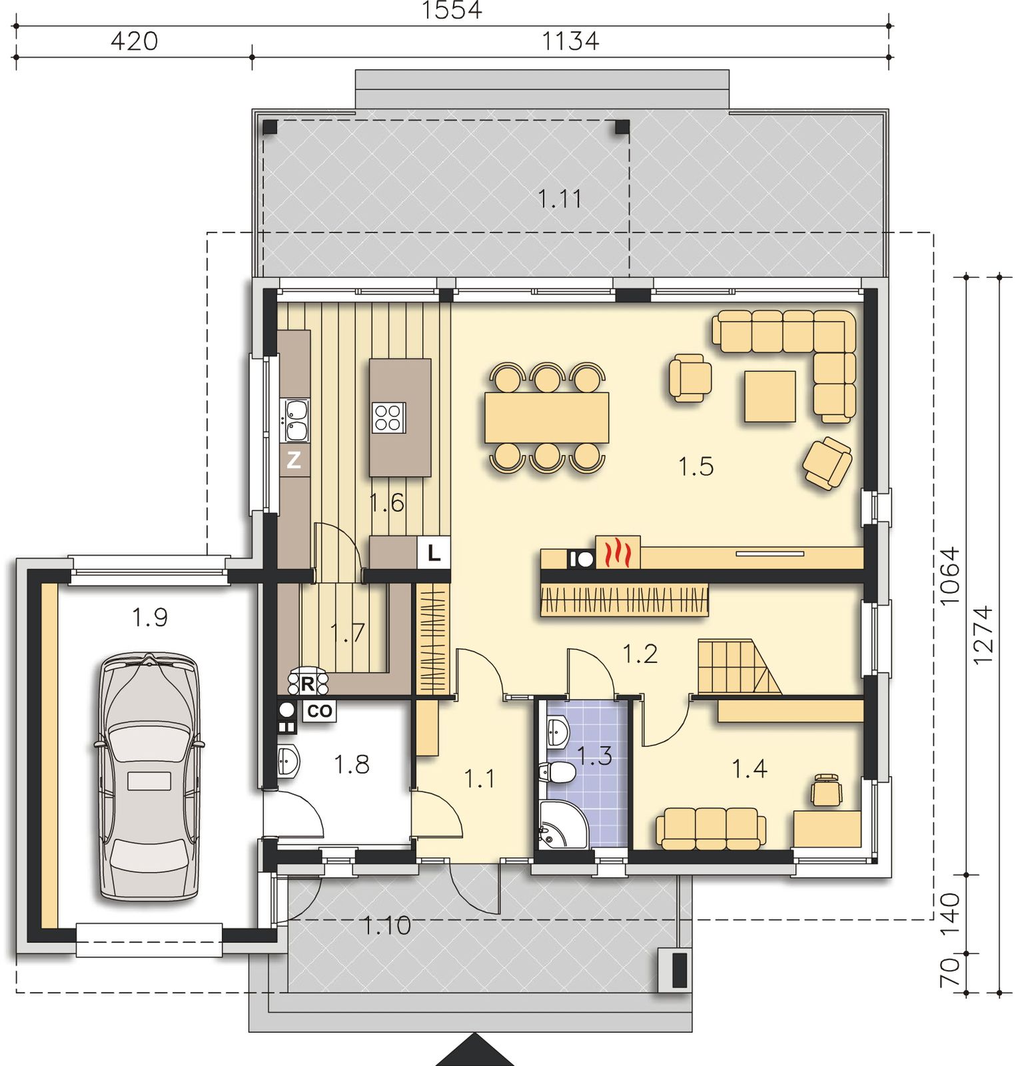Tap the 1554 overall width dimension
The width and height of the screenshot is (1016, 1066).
pyautogui.click(x=452, y=11)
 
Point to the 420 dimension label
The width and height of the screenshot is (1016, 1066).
pyautogui.click(x=134, y=41)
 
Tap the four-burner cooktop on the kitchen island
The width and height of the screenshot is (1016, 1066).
pyautogui.click(x=389, y=418)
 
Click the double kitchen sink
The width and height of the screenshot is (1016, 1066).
pyautogui.click(x=296, y=420)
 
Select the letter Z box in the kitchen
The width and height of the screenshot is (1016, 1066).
pyautogui.click(x=294, y=460)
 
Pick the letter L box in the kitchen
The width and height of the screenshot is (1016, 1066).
pyautogui.click(x=434, y=553)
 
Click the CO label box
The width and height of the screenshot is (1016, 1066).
pyautogui.click(x=319, y=710)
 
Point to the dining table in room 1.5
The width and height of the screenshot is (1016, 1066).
pyautogui.click(x=547, y=418)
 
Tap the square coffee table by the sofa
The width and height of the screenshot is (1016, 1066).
pyautogui.click(x=770, y=396)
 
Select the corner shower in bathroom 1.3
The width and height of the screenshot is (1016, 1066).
pyautogui.click(x=560, y=824)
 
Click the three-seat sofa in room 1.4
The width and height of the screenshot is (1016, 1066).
pyautogui.click(x=711, y=828)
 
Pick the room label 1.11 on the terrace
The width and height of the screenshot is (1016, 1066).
pyautogui.click(x=560, y=199)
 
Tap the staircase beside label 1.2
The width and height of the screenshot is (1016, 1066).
pyautogui.click(x=740, y=667)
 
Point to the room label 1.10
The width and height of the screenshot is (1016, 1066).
pyautogui.click(x=386, y=925)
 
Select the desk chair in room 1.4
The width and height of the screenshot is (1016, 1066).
pyautogui.click(x=827, y=790)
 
